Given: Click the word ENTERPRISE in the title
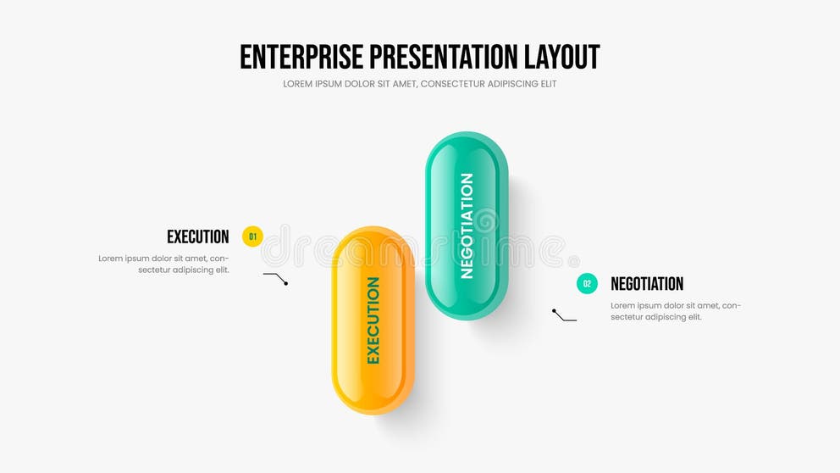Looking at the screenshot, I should (x=301, y=57).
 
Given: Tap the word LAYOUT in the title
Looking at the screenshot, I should (x=562, y=57).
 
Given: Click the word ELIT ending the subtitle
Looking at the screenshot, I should (x=547, y=84).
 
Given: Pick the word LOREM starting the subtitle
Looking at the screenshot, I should (x=299, y=84).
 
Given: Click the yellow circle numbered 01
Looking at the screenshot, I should (x=252, y=236).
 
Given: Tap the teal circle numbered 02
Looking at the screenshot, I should (x=587, y=284).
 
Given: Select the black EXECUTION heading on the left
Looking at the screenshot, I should (x=197, y=236).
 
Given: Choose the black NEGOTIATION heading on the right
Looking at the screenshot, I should (x=647, y=284).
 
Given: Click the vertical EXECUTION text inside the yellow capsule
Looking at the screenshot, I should (x=373, y=320).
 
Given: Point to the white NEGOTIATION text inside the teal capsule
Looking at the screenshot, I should (x=467, y=225).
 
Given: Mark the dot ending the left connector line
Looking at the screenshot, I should (x=286, y=283).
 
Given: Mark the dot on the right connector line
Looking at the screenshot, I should (x=554, y=311).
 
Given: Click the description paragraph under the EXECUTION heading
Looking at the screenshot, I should (x=163, y=264).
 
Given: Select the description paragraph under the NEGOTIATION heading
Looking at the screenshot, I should (x=675, y=311).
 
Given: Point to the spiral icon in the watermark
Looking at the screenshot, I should (x=485, y=222).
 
